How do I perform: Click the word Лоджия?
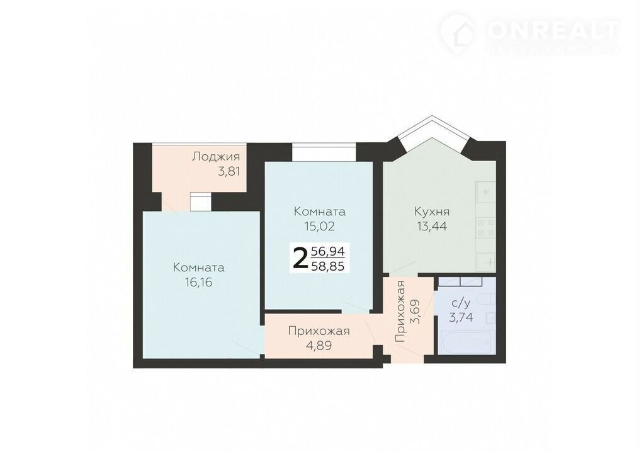coord(216,157)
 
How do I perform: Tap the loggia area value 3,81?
coord(229,171)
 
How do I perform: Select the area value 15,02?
coord(320,226)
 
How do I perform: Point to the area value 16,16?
coord(198,282)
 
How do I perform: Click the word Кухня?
coord(432,212)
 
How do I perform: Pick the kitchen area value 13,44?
coord(432,226)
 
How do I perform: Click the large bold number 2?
coord(300,258)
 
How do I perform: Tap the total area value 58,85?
coord(328,266)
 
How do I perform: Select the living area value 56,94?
coord(328,251)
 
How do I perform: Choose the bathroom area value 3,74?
coord(461,317)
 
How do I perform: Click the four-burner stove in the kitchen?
coord(486,228)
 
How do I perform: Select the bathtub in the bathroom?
coord(467,342)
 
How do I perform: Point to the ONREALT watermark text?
coord(553,30)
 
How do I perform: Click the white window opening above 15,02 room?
coord(324,152)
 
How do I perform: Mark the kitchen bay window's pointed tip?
coord(432,116)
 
